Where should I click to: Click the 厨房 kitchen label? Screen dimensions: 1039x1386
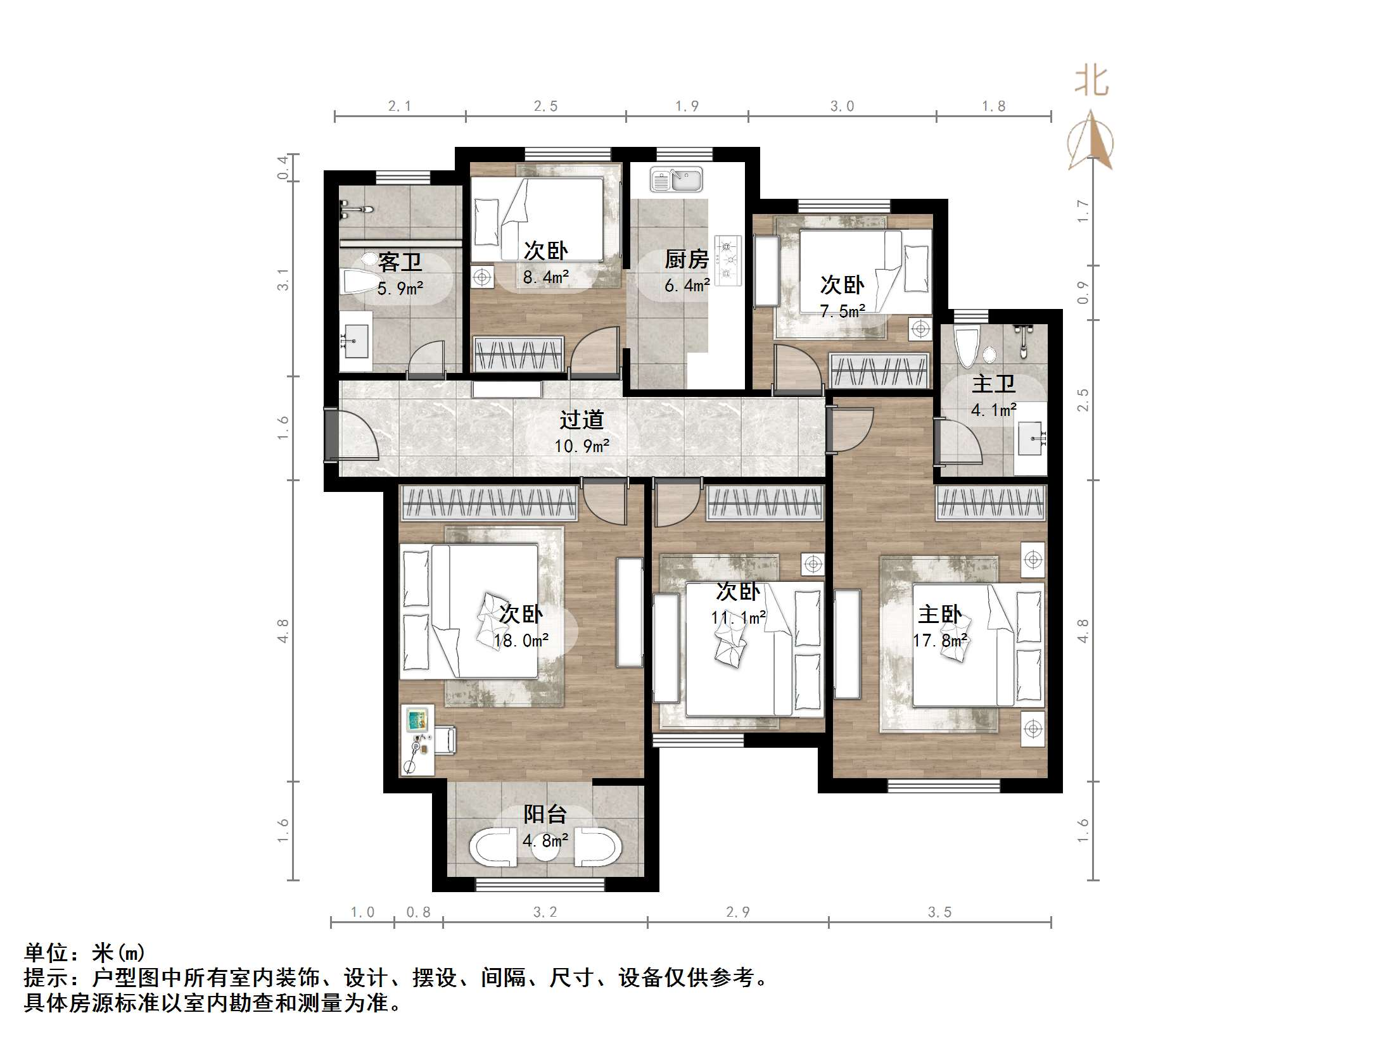pyautogui.click(x=686, y=259)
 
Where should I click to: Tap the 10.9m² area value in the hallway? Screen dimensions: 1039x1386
pyautogui.click(x=582, y=446)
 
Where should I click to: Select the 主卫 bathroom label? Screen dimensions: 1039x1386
pyautogui.click(x=993, y=384)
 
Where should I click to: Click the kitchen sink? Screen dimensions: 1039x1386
pyautogui.click(x=676, y=180)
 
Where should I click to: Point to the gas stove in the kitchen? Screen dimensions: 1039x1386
pyautogui.click(x=728, y=260)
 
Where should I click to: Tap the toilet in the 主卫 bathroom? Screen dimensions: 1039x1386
pyautogui.click(x=966, y=348)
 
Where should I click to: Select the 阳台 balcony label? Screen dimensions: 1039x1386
pyautogui.click(x=545, y=814)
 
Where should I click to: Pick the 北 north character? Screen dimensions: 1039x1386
pyautogui.click(x=1091, y=82)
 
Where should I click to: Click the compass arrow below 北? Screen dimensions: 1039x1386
pyautogui.click(x=1091, y=141)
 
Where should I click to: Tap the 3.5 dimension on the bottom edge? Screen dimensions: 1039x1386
pyautogui.click(x=939, y=912)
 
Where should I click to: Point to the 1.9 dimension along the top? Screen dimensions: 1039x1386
pyautogui.click(x=687, y=106)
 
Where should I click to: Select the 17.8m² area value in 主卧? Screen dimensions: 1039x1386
pyautogui.click(x=940, y=641)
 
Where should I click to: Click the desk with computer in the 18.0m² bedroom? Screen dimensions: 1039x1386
pyautogui.click(x=417, y=740)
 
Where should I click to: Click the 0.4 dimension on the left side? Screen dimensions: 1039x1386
pyautogui.click(x=283, y=168)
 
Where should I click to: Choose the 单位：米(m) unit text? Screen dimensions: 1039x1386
pyautogui.click(x=84, y=953)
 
